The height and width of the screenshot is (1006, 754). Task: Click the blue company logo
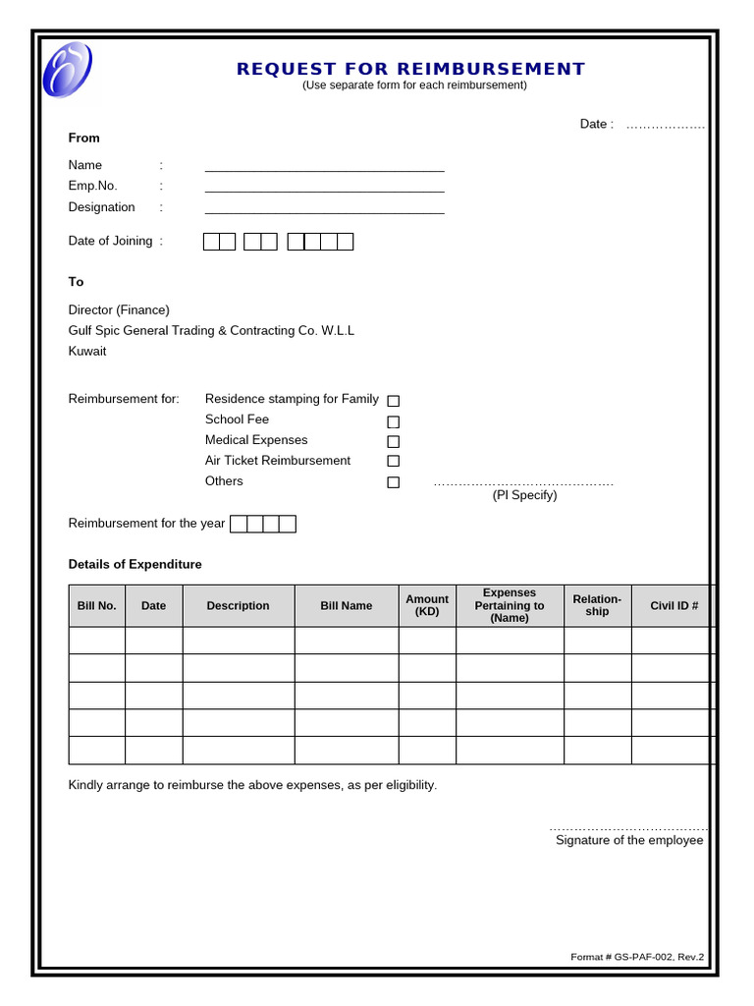[x=67, y=70]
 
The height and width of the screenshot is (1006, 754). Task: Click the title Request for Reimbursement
[x=410, y=69]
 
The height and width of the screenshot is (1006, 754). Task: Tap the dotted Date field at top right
[x=665, y=125]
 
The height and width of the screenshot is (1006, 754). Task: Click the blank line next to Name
[x=324, y=166]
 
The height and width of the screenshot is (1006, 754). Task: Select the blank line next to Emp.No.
[x=324, y=187]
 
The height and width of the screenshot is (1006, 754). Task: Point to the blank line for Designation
[x=324, y=208]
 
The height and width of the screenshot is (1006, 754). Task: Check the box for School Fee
[x=393, y=421]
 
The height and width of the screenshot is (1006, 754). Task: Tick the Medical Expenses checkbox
[x=393, y=441]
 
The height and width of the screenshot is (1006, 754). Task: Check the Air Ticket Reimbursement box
[x=393, y=461]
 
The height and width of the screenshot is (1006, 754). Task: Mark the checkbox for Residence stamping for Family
[x=393, y=401]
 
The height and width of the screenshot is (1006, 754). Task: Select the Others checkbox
[x=393, y=482]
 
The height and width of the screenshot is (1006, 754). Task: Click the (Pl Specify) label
[x=524, y=495]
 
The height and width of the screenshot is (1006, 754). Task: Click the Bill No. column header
[x=96, y=606]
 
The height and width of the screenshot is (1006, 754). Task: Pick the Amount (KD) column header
[x=427, y=605]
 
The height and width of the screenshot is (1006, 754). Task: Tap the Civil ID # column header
[x=673, y=606]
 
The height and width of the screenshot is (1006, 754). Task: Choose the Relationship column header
[x=597, y=605]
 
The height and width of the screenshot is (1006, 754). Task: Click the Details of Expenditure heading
[x=135, y=565]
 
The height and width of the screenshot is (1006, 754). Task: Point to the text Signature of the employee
[x=629, y=841]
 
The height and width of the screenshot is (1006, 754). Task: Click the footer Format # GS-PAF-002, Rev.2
[x=637, y=957]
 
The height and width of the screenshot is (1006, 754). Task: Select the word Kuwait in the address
[x=87, y=352]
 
